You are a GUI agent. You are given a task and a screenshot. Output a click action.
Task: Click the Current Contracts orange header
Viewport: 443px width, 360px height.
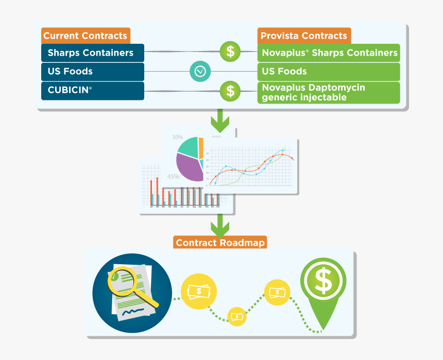85,36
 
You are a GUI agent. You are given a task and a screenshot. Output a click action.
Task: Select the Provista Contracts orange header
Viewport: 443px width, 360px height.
304,36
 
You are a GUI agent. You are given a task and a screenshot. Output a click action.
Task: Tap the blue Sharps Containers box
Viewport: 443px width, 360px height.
92,53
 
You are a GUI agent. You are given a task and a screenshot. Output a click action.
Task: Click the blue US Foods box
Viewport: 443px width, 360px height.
92,72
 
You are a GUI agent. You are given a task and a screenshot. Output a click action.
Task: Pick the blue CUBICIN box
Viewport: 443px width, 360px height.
92,90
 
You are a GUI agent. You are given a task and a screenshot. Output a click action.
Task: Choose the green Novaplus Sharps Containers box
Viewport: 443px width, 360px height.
329,53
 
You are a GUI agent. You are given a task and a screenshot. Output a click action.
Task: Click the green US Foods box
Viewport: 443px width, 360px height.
329,72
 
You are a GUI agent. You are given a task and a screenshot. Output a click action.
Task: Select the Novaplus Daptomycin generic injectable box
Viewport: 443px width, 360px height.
329,92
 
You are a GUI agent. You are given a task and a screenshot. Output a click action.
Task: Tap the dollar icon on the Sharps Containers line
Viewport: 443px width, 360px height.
230,52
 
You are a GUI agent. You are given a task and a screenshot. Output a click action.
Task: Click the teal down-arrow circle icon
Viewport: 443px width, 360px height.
200,71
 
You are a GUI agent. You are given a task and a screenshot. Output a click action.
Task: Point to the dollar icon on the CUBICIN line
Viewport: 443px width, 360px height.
230,91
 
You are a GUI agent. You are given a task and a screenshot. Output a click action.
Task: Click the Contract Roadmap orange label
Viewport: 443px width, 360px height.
220,243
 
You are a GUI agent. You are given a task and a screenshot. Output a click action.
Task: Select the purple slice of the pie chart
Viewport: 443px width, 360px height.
189,166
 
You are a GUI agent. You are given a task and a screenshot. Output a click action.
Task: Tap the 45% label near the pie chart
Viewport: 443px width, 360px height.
173,177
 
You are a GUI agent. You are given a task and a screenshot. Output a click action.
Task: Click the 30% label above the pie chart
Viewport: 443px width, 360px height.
177,138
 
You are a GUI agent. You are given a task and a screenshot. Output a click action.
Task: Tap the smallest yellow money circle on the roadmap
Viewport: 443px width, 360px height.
237,315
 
